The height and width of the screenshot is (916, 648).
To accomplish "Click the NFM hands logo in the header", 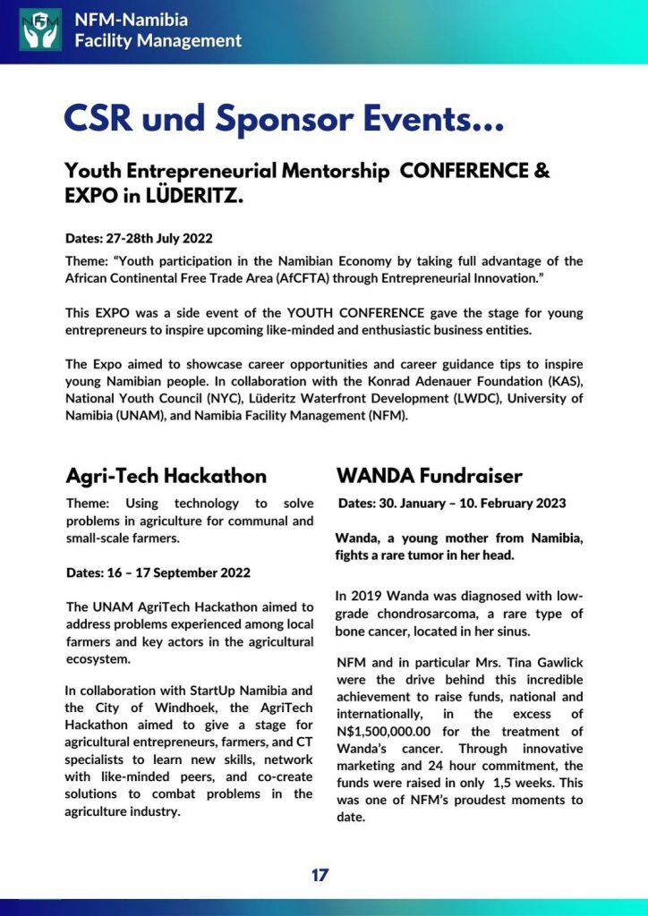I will (40, 29).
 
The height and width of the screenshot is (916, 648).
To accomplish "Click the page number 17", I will (320, 876).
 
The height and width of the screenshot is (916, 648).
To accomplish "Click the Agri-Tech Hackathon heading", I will (166, 476).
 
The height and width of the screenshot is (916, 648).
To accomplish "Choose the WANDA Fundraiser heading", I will (429, 476).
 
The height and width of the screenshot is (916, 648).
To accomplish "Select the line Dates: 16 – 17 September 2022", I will (158, 572).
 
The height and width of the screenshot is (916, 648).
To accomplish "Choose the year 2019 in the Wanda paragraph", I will (370, 596).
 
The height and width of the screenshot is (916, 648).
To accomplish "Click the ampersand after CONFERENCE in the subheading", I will (541, 171).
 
